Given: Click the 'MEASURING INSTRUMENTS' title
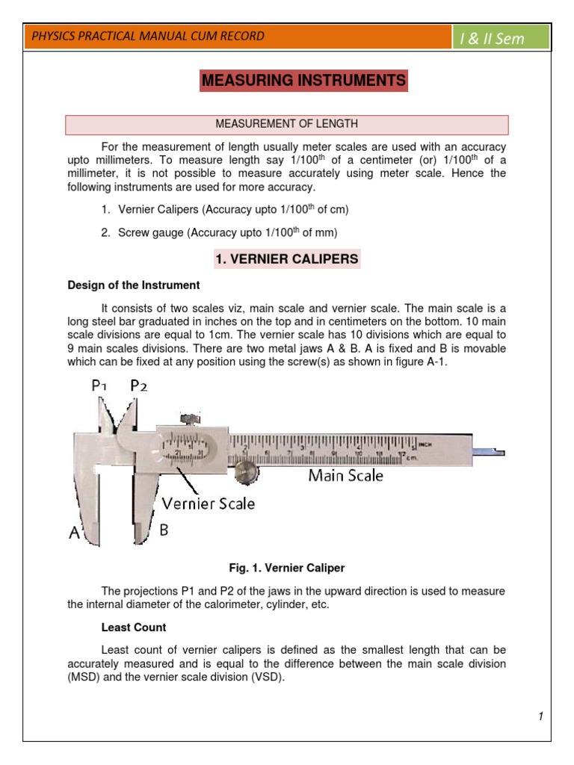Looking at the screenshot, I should pos(303,80).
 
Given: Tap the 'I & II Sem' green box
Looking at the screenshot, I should pos(502,38).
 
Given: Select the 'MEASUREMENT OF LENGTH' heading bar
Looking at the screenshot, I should pos(287,124).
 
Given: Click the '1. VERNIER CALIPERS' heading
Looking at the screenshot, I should pos(287,259).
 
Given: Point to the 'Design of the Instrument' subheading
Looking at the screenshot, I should pos(134,285).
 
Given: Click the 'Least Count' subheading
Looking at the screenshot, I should pos(134,628).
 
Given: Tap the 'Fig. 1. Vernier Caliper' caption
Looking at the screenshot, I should pos(287,569).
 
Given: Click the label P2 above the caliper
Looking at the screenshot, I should pos(139,385).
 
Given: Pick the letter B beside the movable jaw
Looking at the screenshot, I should pos(165,530).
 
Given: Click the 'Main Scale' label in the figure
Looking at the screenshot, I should pos(346,475).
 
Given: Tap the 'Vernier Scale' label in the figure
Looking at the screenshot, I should pos(209,504).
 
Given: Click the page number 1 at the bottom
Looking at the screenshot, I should pos(540,717).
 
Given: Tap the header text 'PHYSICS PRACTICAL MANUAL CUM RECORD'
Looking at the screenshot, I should pos(147,37).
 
